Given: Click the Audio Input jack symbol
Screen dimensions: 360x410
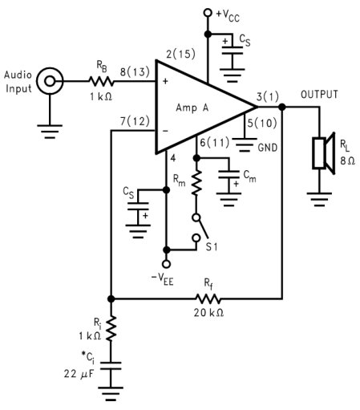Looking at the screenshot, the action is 50,81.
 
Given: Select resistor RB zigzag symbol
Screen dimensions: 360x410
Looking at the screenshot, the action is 101,81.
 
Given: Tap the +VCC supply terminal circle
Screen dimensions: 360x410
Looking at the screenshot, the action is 208,13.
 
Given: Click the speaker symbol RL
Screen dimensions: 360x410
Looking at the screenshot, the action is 324,153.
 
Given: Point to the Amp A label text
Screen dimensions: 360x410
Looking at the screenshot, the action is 192,108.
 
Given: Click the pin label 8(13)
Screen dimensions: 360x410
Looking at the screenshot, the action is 135,71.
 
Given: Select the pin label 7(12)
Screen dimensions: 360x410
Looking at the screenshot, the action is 135,121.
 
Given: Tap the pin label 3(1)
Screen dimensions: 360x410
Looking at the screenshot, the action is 268,96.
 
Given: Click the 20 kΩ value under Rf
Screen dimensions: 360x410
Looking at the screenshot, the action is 208,312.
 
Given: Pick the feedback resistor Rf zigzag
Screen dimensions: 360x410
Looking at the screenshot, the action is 208,298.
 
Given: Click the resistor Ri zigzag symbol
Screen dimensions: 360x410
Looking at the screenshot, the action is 111,328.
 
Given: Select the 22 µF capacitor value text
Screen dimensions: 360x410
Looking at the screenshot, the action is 79,374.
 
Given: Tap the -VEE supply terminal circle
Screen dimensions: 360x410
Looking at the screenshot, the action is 166,264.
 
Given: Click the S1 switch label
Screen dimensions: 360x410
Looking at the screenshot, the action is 212,247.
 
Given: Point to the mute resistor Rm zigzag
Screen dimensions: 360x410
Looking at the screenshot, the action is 196,182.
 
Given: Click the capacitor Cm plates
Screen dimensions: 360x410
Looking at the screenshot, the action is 229,174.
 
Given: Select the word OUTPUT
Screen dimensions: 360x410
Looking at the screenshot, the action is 319,95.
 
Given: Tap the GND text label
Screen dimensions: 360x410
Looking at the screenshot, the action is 268,148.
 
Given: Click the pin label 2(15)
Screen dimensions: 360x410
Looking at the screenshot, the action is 180,54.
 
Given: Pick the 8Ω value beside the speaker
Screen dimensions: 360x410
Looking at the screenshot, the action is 347,160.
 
